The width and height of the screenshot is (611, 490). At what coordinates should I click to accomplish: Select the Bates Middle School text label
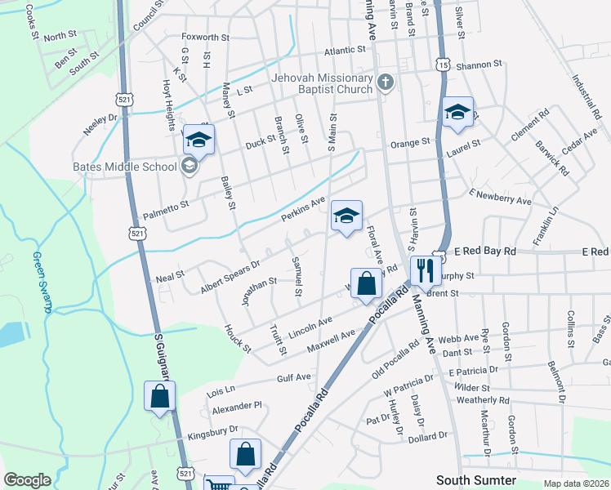tap(125, 167)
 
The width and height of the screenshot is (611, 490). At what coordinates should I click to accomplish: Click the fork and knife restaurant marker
tap(425, 269)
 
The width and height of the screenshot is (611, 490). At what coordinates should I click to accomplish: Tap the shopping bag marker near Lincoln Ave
tap(367, 285)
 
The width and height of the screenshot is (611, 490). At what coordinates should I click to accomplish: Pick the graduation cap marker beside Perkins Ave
tap(347, 217)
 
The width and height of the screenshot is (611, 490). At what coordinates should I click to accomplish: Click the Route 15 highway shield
tap(442, 64)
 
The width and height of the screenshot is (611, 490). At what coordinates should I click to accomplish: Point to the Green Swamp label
tap(42, 282)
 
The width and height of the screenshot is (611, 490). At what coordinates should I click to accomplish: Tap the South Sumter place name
tap(476, 480)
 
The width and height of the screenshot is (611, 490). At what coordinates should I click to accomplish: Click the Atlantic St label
tap(346, 51)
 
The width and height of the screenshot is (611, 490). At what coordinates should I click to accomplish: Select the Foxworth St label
tap(206, 38)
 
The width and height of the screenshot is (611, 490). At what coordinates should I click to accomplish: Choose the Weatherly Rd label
tap(483, 400)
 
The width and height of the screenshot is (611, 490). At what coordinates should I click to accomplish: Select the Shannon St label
tap(479, 65)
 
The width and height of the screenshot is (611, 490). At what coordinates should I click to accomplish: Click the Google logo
tap(28, 480)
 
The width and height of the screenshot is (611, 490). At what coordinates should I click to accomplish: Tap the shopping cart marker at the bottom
tap(218, 484)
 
